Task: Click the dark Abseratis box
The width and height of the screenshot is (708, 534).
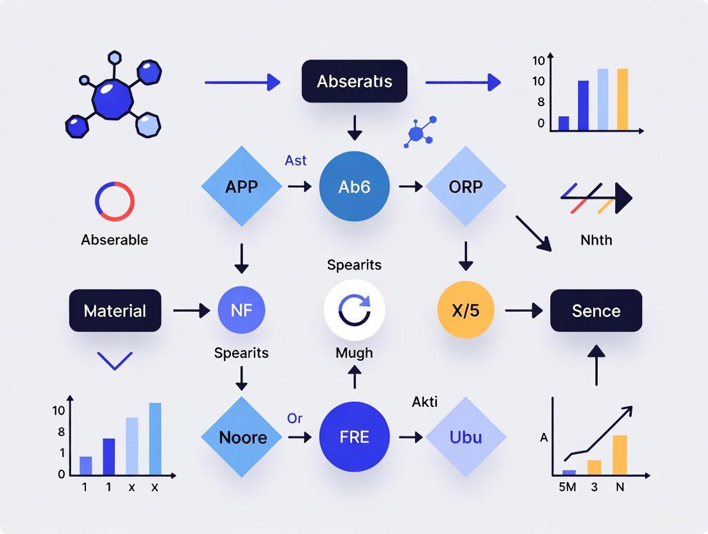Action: tap(354, 82)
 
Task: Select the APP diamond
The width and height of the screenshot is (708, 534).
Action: tap(242, 186)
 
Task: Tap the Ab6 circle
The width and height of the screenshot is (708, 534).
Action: tap(354, 186)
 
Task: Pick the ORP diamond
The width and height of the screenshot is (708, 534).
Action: tap(466, 186)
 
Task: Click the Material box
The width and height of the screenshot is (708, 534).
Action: tap(115, 311)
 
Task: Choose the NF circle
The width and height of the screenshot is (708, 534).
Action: tap(242, 311)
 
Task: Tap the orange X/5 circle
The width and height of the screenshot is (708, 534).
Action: tap(466, 311)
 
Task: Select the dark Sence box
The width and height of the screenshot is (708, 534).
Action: tap(596, 311)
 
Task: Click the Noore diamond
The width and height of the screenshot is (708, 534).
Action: tap(242, 437)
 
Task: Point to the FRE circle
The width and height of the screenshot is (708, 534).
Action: tap(354, 437)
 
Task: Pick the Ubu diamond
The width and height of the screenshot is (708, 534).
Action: tap(466, 437)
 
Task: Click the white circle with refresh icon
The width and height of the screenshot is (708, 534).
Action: tap(354, 310)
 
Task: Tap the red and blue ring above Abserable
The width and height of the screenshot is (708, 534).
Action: tap(115, 201)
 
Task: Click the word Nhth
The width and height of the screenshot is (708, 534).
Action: tap(596, 240)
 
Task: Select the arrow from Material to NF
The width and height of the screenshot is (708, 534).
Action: tap(191, 311)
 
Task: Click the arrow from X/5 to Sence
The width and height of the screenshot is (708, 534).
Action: tap(523, 311)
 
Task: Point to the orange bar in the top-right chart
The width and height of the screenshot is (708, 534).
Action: tap(622, 99)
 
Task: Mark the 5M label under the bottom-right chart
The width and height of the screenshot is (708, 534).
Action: tap(568, 487)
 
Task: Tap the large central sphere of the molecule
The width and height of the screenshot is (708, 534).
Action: tap(112, 98)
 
